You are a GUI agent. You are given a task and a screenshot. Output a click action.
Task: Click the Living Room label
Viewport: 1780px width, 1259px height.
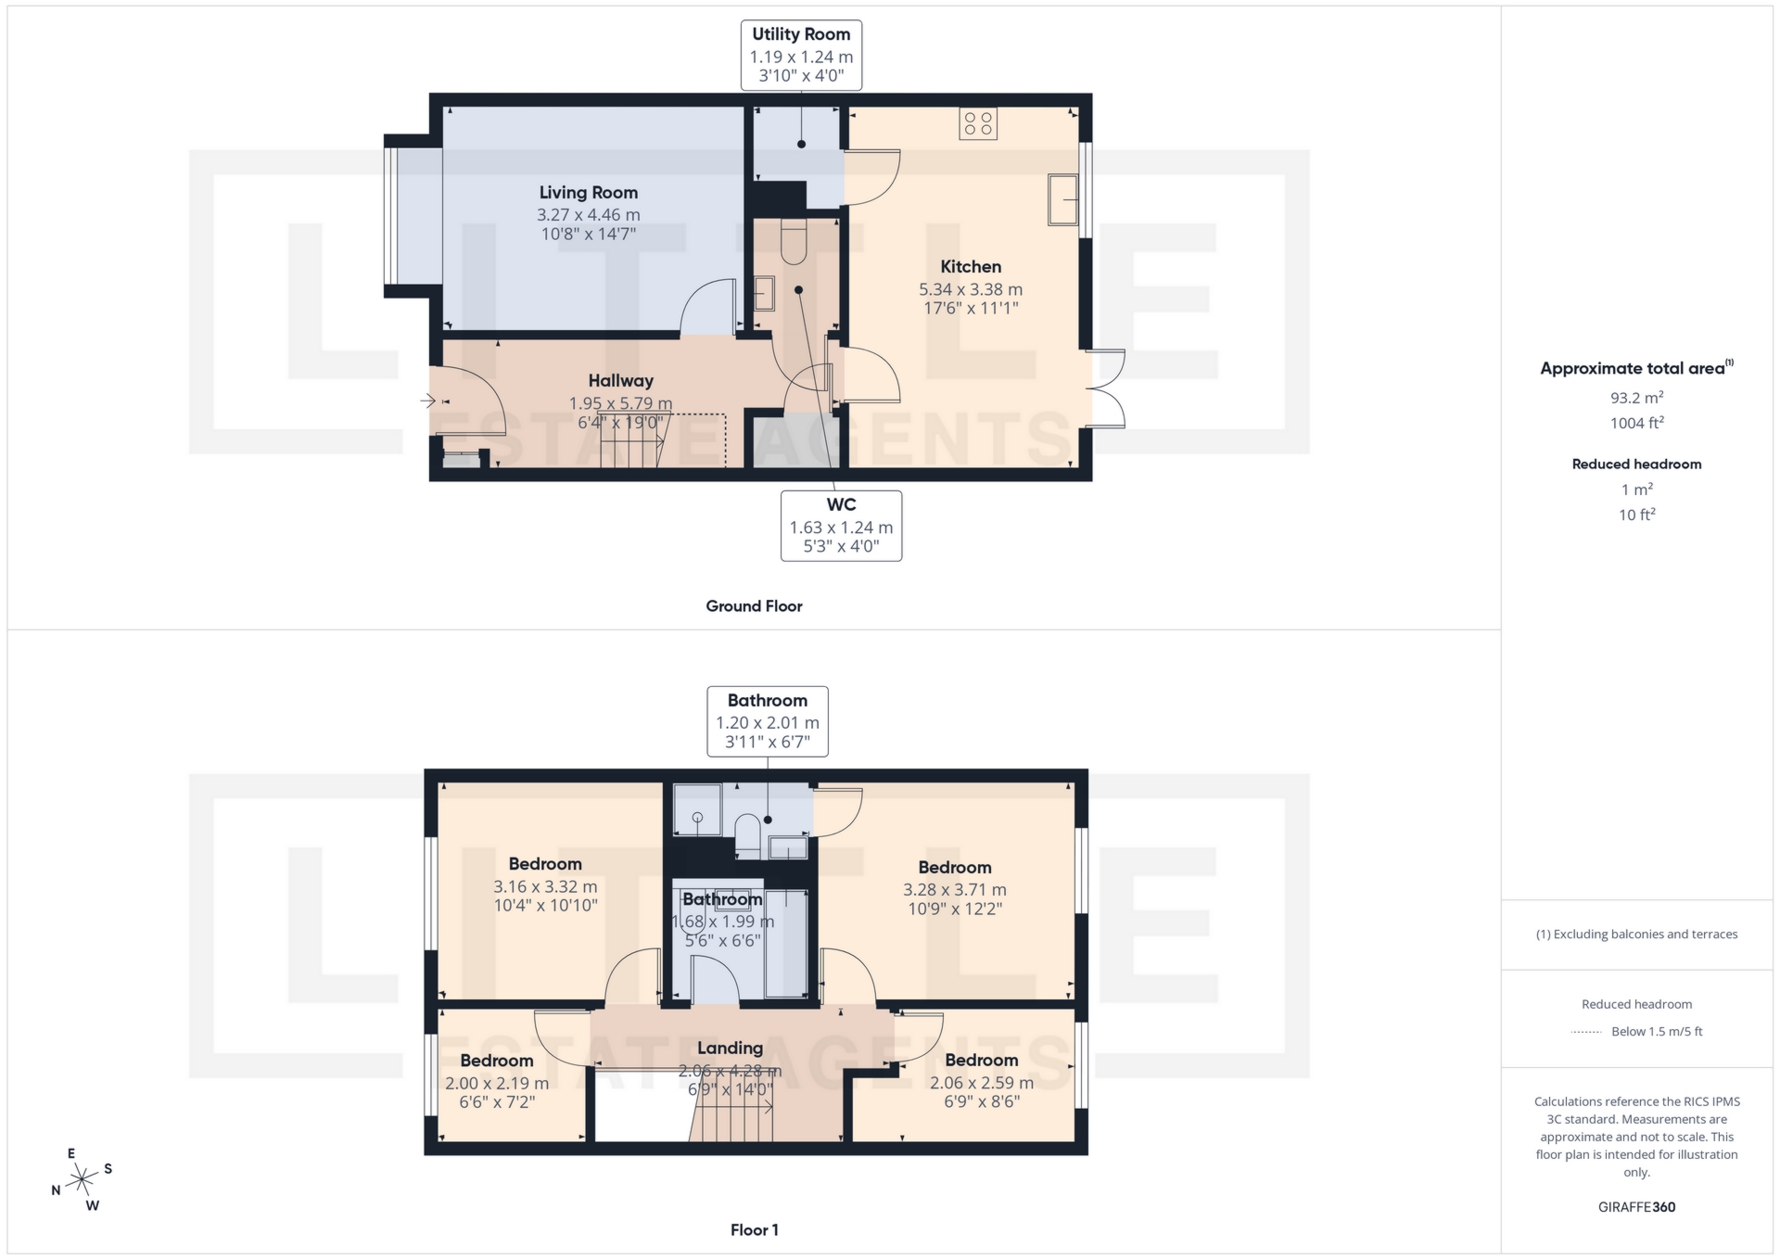pyautogui.click(x=588, y=193)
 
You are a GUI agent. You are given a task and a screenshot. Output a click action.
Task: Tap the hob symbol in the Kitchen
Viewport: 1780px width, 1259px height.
pyautogui.click(x=978, y=123)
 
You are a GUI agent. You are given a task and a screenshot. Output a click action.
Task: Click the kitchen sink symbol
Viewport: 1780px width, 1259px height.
pyautogui.click(x=1063, y=199)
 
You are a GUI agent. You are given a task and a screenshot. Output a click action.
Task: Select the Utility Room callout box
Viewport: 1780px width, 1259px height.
pyautogui.click(x=801, y=56)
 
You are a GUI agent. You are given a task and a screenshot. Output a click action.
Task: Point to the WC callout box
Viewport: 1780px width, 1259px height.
pyautogui.click(x=841, y=526)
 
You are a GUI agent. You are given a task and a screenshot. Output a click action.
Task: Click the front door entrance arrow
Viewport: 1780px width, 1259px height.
pyautogui.click(x=427, y=401)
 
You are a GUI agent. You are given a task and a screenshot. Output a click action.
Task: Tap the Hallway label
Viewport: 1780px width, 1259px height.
pyautogui.click(x=620, y=381)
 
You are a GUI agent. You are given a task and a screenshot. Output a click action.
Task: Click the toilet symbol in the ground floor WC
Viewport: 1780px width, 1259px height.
pyautogui.click(x=795, y=241)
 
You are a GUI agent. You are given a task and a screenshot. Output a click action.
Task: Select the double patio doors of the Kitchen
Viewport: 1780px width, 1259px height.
pyautogui.click(x=1108, y=388)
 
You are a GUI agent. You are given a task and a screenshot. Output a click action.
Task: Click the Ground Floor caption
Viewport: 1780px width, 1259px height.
pyautogui.click(x=754, y=606)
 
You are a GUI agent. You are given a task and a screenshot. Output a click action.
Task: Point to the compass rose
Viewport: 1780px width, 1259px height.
pyautogui.click(x=83, y=1180)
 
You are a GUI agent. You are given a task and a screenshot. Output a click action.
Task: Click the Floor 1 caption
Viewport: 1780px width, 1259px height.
pyautogui.click(x=754, y=1230)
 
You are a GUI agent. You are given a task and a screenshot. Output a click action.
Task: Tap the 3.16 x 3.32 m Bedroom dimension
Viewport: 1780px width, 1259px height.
pyautogui.click(x=545, y=886)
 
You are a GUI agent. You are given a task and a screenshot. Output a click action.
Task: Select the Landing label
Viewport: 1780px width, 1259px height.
pyautogui.click(x=730, y=1049)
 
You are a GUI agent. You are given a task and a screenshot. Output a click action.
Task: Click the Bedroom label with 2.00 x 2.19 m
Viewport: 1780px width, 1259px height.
pyautogui.click(x=496, y=1061)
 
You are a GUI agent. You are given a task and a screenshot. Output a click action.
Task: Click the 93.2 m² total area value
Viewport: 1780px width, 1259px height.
pyautogui.click(x=1636, y=398)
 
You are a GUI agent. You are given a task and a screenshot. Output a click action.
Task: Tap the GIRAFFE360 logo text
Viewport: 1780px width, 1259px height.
pyautogui.click(x=1636, y=1207)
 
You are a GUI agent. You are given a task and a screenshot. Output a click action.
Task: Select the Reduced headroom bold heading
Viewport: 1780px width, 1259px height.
pyautogui.click(x=1636, y=464)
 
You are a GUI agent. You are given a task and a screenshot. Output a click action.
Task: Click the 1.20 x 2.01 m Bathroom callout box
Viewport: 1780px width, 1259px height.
pyautogui.click(x=767, y=721)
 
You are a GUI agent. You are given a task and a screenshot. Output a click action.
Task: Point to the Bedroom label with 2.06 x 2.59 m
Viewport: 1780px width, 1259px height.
pyautogui.click(x=981, y=1061)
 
